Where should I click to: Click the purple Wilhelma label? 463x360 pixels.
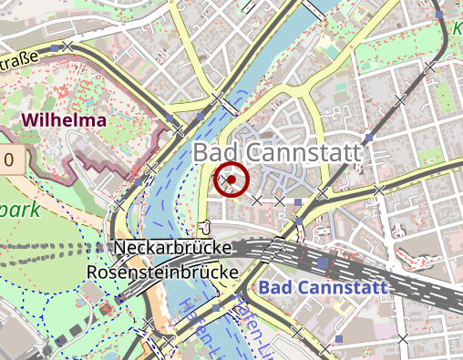click(65, 119)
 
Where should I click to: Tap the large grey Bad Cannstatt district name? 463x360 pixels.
click(277, 153)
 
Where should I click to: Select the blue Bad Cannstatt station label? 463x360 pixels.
click(323, 289)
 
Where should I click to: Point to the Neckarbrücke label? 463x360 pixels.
click(174, 248)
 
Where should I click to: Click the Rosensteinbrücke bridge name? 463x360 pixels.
click(162, 272)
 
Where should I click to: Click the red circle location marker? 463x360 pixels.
click(231, 180)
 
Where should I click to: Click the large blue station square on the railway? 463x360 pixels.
click(324, 265)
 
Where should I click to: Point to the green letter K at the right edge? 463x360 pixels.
click(457, 30)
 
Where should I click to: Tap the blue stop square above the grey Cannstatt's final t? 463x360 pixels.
click(368, 138)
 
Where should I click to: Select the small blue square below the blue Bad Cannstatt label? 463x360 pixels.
click(339, 339)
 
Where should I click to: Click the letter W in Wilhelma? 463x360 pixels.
click(31, 119)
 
